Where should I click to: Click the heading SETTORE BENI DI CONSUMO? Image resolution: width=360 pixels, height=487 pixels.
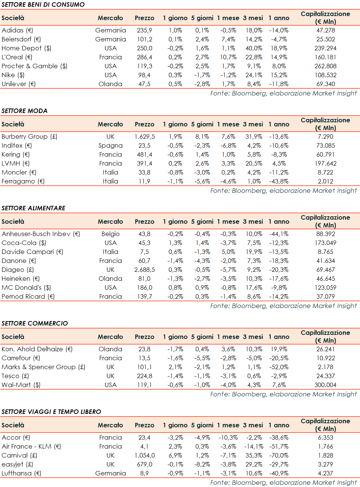[x=43, y=4]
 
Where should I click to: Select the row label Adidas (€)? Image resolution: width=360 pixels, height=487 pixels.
[x=17, y=30]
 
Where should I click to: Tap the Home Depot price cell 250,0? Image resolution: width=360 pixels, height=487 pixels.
[x=144, y=48]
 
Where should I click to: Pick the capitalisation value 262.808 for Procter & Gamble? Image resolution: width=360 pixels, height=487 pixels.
[x=325, y=66]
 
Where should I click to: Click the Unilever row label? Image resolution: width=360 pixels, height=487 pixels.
[x=19, y=84]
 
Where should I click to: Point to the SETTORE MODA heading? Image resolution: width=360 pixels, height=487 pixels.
[x=25, y=111]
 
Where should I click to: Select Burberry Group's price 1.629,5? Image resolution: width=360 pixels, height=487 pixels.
[x=144, y=136]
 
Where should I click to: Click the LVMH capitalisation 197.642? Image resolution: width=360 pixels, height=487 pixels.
[x=325, y=163]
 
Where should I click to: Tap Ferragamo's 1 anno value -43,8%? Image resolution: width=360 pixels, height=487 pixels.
[x=279, y=181]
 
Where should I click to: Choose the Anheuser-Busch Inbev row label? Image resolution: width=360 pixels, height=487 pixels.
[x=41, y=234]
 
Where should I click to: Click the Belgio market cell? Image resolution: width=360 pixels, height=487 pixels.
[x=110, y=234]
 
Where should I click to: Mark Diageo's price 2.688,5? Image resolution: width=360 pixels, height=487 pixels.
[x=144, y=270]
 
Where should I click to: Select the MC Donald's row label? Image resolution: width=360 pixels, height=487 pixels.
[x=26, y=288]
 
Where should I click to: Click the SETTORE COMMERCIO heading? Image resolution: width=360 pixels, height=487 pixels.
[x=35, y=323]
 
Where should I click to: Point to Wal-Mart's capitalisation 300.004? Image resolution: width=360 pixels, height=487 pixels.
[x=325, y=385]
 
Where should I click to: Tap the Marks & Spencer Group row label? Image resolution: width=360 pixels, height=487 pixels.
[x=43, y=367]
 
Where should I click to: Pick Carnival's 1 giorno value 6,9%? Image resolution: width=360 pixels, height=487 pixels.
[x=175, y=455]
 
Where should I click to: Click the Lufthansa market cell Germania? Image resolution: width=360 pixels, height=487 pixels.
[x=110, y=473]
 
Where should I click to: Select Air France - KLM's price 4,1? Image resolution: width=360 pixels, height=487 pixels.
[x=144, y=446]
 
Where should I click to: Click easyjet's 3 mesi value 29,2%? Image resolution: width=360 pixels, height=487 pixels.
[x=254, y=464]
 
